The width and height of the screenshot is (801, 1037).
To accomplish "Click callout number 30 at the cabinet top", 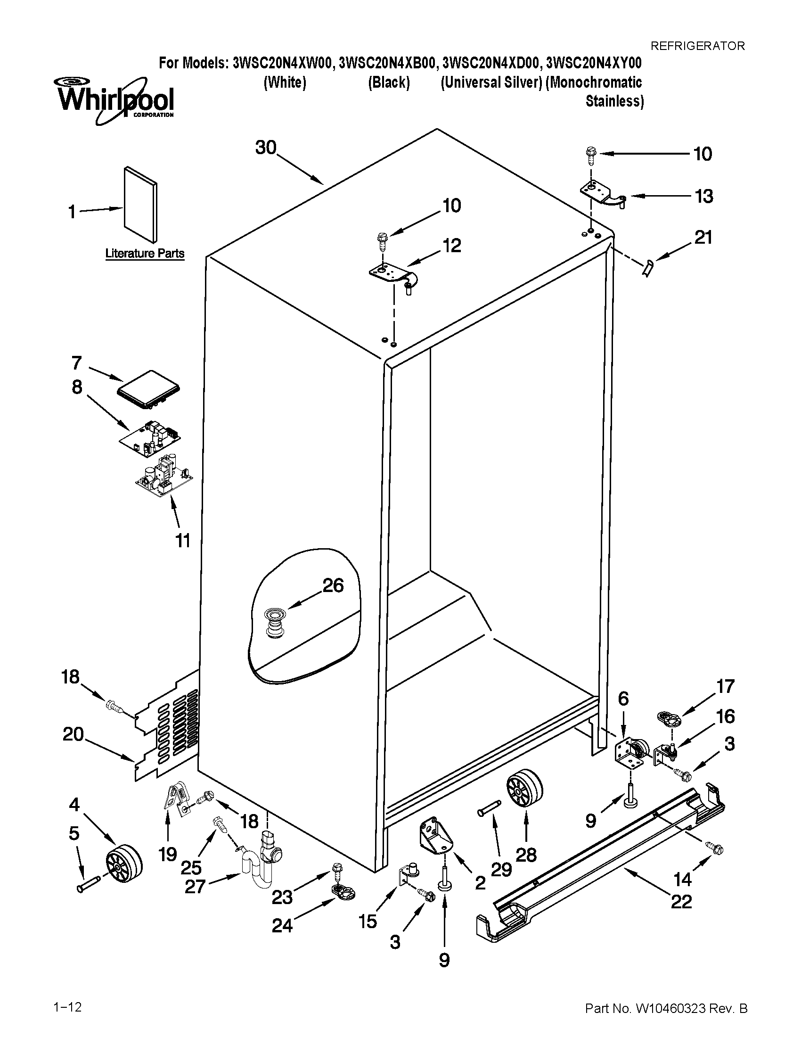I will point(266,148).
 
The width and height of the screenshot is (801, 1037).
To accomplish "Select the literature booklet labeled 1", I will point(140,204).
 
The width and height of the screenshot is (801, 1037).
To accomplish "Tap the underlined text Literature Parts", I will point(145,254).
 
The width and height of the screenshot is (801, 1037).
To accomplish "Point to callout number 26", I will point(333,585).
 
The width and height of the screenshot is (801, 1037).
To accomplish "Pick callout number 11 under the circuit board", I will point(183,540).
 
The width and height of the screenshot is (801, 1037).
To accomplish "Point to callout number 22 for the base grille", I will point(681,901).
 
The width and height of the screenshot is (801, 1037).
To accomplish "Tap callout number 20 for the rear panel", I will point(73,734).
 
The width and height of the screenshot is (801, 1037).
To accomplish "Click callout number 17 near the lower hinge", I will point(726,686).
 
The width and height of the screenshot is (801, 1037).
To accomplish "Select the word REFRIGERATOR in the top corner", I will point(697,46).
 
